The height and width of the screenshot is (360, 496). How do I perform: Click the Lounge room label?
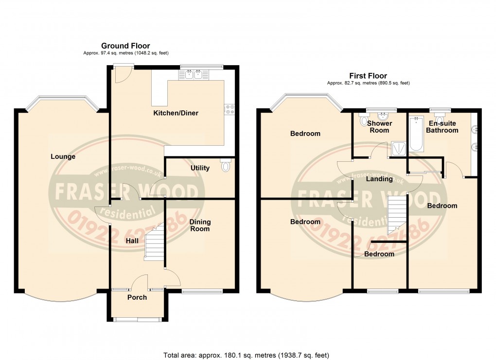pyautogui.click(x=63, y=156)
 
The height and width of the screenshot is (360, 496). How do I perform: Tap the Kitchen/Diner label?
pyautogui.click(x=176, y=113)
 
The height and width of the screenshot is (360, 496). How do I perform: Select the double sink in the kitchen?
pyautogui.click(x=194, y=74)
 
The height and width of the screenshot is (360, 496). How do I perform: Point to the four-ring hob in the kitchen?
pyautogui.click(x=229, y=110)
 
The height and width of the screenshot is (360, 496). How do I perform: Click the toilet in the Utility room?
pyautogui.click(x=225, y=166)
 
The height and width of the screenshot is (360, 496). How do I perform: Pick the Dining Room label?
pyautogui.click(x=200, y=225)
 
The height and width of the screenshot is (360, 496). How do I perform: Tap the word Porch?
pyautogui.click(x=137, y=297)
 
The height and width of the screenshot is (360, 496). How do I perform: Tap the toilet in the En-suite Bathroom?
pyautogui.click(x=440, y=119)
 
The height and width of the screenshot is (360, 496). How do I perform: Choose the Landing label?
pyautogui.click(x=379, y=179)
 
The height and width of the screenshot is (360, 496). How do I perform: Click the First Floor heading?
pyautogui.click(x=368, y=76)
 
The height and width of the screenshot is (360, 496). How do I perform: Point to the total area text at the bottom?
pyautogui.click(x=248, y=355)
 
